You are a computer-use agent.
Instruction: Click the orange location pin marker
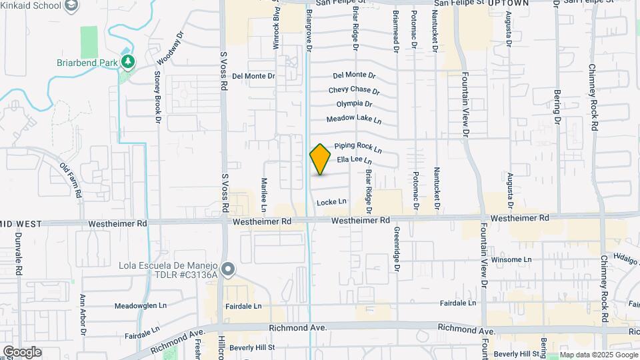tap(321, 159)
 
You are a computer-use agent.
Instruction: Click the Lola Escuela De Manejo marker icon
tap(229, 269)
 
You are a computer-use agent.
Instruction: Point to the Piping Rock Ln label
tap(358, 146)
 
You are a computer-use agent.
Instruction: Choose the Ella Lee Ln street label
tap(354, 160)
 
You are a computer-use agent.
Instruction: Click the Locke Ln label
tap(332, 201)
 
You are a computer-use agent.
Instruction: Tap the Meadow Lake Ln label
tap(353, 119)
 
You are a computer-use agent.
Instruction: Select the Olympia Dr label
tap(354, 104)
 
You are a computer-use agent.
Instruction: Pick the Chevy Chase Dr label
tap(353, 90)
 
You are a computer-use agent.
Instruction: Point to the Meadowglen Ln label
tap(140, 305)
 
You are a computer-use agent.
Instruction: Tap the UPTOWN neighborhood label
tap(508, 3)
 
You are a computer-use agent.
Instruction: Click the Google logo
tap(21, 351)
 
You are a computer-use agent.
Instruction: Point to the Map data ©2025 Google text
tap(599, 355)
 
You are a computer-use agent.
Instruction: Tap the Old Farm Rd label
tap(71, 181)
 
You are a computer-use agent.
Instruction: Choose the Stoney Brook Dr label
tap(158, 97)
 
